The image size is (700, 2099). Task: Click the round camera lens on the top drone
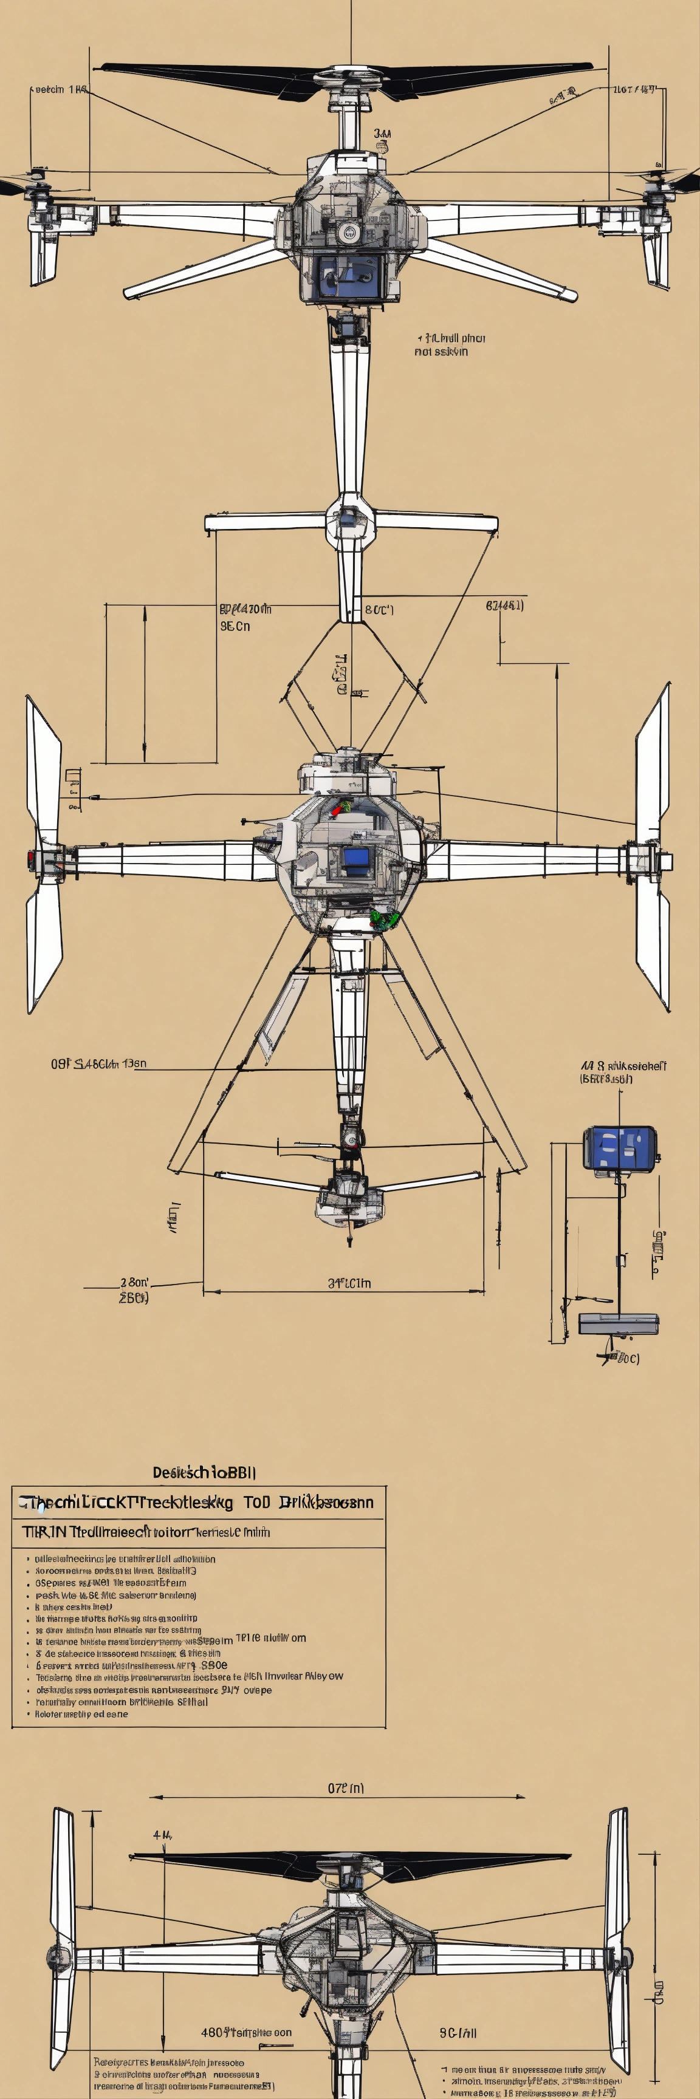tap(349, 232)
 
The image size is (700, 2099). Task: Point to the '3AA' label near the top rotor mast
tap(382, 134)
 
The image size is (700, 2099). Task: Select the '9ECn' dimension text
tap(236, 627)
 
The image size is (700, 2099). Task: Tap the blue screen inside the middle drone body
tap(355, 857)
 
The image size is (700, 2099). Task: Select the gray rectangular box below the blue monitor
tap(619, 1324)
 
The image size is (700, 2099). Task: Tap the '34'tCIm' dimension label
tap(349, 1283)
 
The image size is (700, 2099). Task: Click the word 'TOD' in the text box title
tap(256, 1503)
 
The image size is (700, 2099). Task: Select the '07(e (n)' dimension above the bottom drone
tap(346, 1789)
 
